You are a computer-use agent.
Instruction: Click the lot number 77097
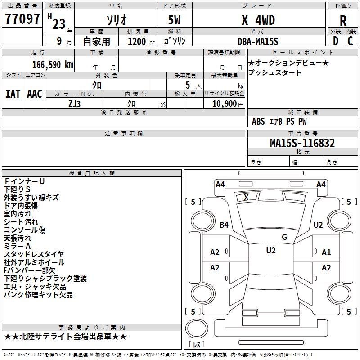coord(22,19)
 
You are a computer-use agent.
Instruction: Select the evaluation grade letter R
coord(343,21)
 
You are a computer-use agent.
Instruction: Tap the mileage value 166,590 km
coord(53,64)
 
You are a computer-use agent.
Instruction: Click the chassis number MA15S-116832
coord(302,143)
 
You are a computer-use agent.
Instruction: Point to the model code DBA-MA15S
coord(258,41)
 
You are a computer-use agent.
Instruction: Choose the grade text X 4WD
coord(258,20)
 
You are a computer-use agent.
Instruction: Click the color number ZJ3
coord(74,104)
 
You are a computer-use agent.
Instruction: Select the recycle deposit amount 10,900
coord(224,104)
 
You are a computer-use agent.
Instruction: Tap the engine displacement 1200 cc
coord(141,41)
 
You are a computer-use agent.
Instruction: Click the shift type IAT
coord(13,94)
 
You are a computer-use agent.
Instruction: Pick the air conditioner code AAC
coord(35,94)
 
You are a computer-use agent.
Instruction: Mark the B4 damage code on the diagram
coord(224,225)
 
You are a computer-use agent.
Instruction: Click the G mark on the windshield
coord(284,237)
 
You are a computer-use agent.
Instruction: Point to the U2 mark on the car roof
coord(271,251)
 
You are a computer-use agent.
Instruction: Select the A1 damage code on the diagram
coord(326,252)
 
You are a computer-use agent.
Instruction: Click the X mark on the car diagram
coord(246,197)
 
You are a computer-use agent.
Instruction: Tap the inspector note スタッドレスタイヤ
coord(34,254)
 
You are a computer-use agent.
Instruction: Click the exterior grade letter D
coord(336,41)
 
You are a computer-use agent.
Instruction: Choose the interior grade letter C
coord(350,41)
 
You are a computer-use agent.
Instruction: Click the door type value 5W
coord(174,20)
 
